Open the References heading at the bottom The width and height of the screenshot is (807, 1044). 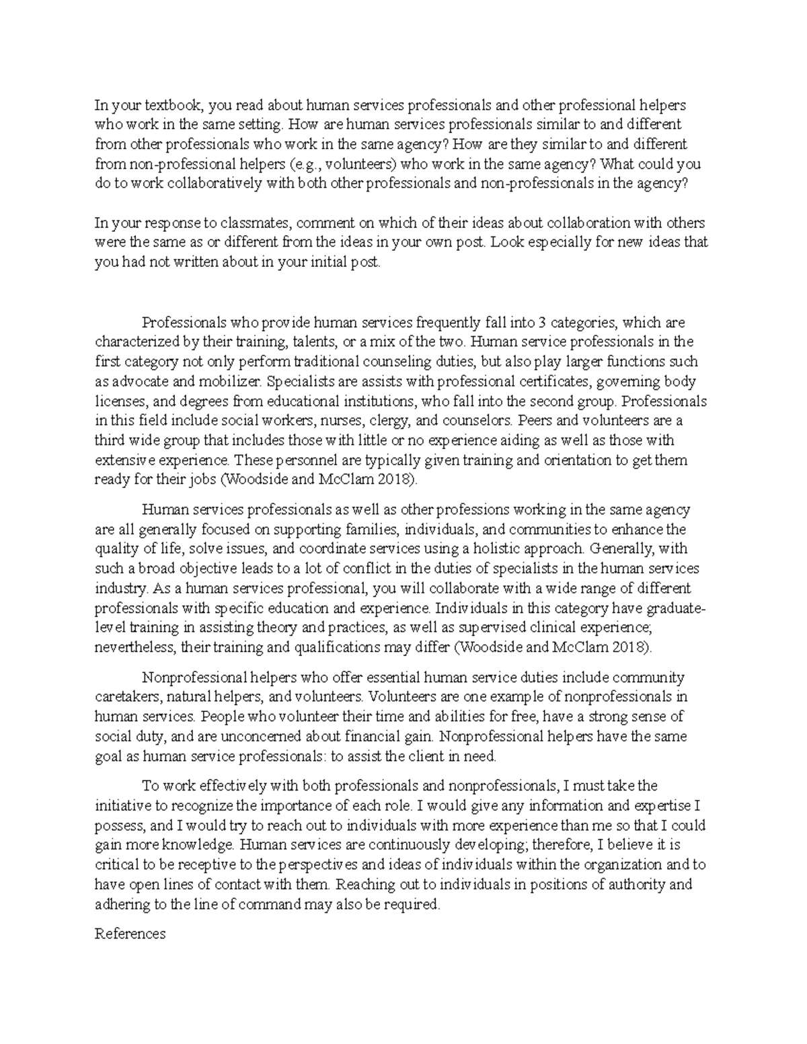[x=130, y=934]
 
